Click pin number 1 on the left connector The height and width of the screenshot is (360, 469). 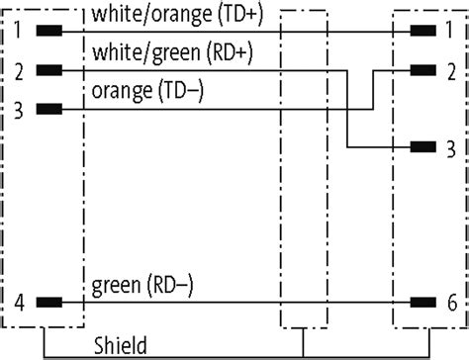(18, 30)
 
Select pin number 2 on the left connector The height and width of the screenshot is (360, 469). (18, 71)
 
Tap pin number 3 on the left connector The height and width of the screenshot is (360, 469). (18, 109)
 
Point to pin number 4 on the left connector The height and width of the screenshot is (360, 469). (18, 301)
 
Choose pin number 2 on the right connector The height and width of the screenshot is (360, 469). (450, 71)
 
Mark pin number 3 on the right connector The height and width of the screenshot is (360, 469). (450, 148)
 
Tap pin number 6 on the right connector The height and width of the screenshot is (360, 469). (450, 301)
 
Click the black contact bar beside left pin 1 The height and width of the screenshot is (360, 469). (47, 30)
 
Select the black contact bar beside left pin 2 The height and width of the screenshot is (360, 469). (47, 71)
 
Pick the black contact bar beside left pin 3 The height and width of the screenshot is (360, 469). (47, 109)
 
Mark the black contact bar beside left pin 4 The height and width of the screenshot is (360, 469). (47, 301)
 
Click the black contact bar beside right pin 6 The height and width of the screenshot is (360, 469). (422, 301)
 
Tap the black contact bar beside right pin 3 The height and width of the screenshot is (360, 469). (422, 148)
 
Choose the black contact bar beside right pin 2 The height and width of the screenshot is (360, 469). (422, 71)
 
